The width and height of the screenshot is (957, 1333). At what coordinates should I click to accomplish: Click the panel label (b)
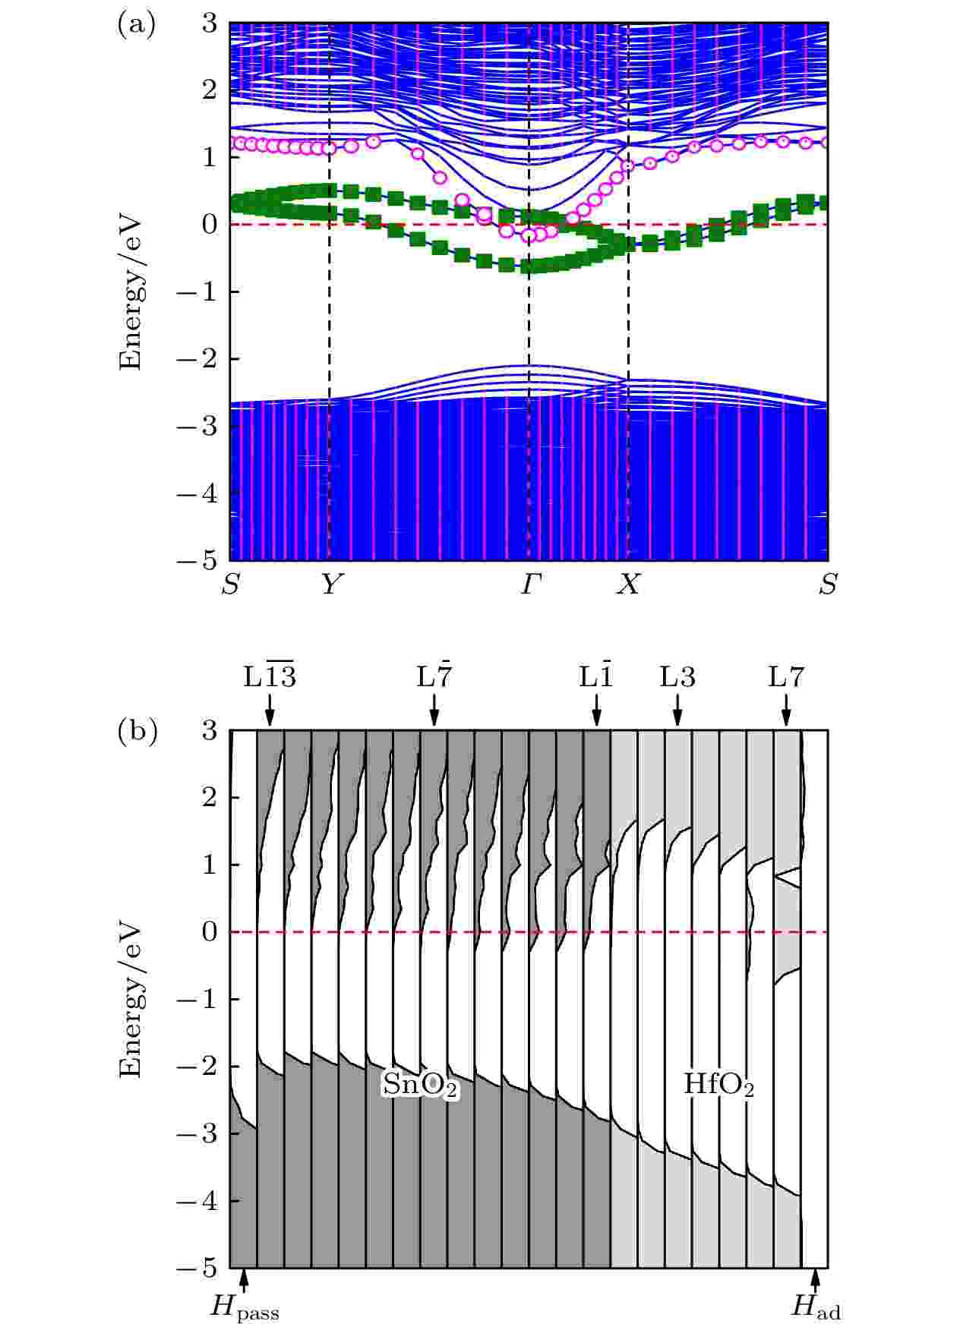[137, 733]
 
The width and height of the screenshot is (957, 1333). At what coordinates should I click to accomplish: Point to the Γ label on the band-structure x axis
[529, 585]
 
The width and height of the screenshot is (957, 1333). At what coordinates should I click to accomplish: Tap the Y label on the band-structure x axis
[329, 585]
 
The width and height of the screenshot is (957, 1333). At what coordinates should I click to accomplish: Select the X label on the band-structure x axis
[627, 585]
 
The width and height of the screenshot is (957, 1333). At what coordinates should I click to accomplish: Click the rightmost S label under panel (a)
[828, 585]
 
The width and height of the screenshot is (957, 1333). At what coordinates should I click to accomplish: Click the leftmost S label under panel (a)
[230, 585]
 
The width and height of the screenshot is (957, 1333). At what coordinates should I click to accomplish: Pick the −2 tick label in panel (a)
[196, 359]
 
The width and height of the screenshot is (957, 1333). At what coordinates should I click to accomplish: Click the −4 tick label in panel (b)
[196, 1202]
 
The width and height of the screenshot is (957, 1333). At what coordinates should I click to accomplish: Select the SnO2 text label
[420, 1086]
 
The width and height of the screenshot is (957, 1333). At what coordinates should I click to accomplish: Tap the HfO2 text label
[719, 1085]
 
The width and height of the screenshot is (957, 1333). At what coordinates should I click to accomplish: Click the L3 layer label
[677, 678]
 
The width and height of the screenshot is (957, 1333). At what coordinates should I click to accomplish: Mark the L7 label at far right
[785, 678]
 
